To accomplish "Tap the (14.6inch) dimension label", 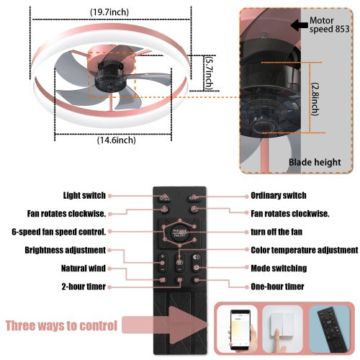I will click(116, 140).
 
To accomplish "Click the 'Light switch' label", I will click(84, 195).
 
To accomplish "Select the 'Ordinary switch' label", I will click(278, 195).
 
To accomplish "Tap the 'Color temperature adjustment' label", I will click(304, 250).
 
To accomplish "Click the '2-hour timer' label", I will click(81, 286).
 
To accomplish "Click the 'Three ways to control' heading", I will click(61, 325).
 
